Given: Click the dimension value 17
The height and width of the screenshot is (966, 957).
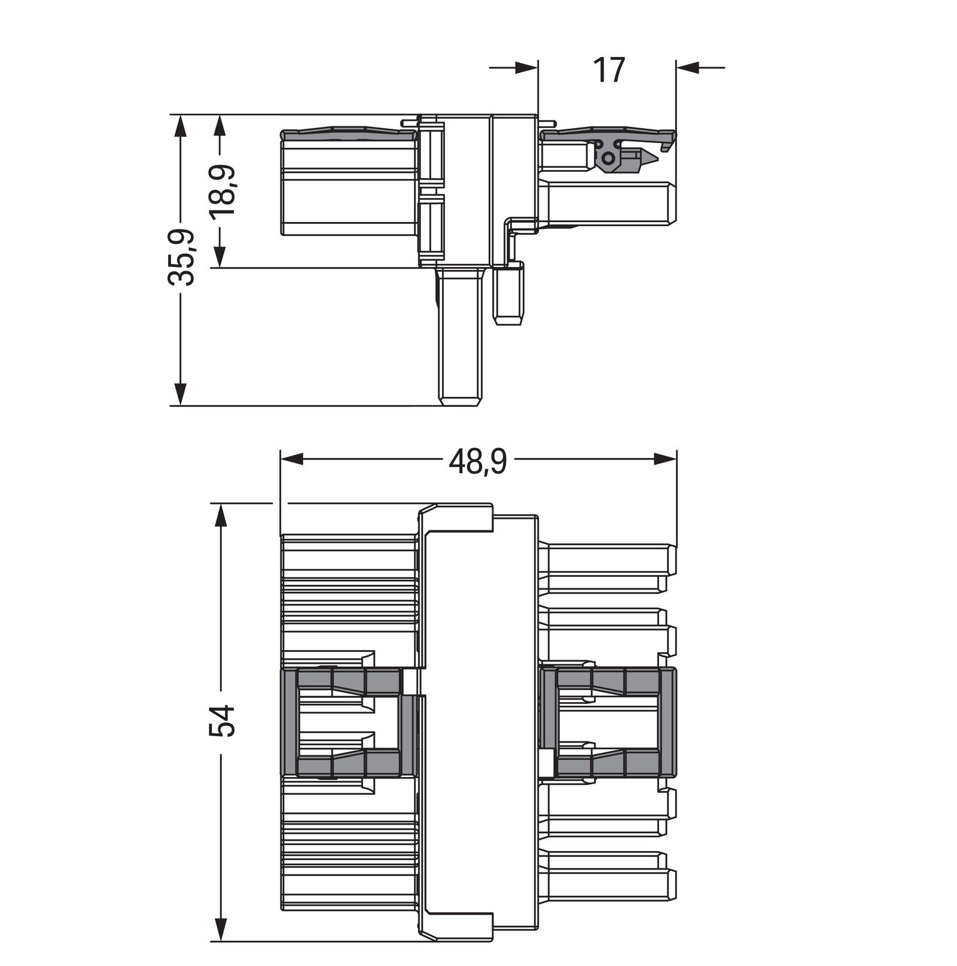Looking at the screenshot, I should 608,71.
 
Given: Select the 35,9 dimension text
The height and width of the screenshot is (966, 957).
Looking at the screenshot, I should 181,256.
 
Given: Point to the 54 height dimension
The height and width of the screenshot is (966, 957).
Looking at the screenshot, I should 223,721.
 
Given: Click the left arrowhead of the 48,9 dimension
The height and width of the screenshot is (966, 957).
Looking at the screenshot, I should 293,459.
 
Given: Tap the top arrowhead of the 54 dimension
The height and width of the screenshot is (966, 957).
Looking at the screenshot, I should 222,515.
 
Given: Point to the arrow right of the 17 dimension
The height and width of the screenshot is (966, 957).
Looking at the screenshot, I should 689,68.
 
